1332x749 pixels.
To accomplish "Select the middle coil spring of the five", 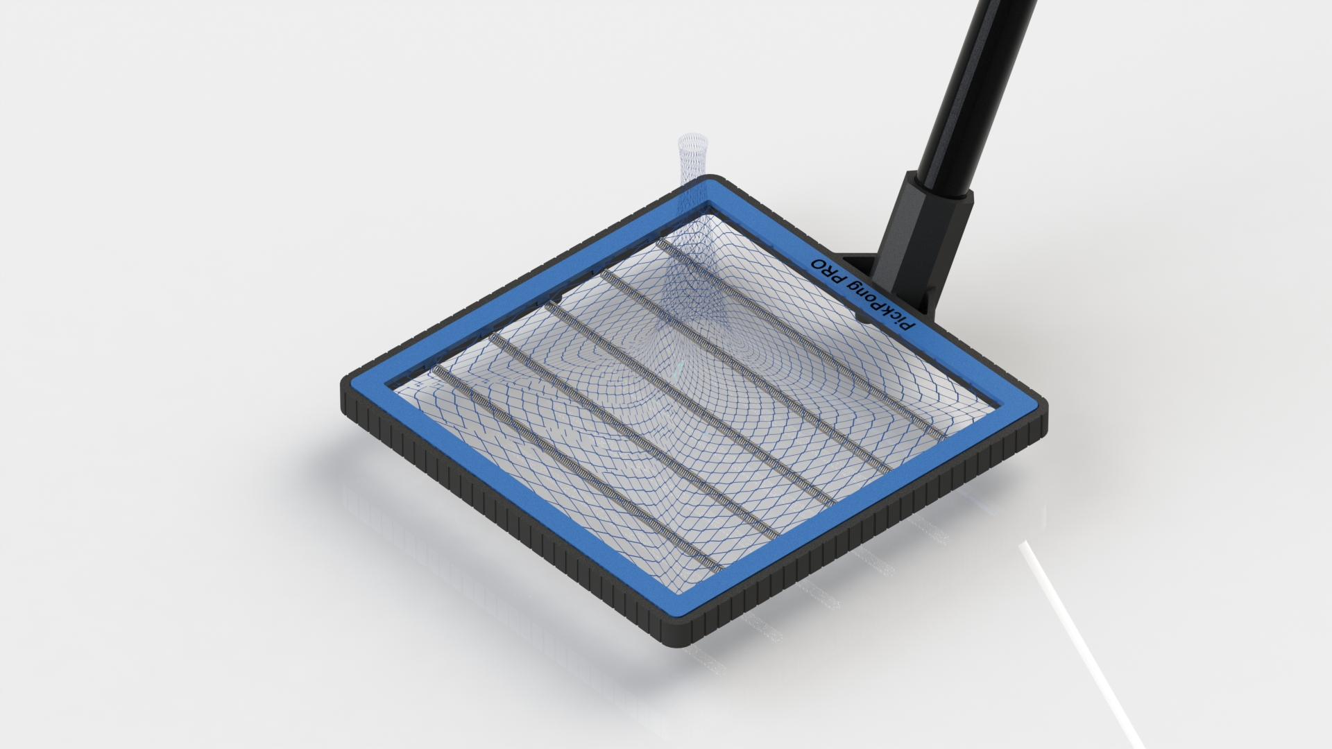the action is coord(694,402).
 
